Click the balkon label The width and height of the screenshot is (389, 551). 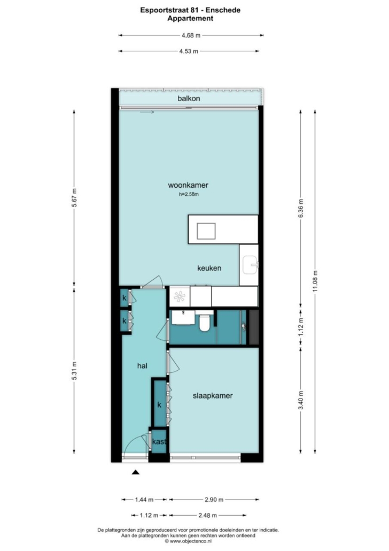(189, 98)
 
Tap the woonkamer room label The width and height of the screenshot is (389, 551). (188, 185)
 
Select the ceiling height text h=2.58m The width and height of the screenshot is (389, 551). (189, 194)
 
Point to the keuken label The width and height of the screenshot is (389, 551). (209, 268)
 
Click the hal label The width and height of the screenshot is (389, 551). (142, 366)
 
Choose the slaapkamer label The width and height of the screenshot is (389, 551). (213, 396)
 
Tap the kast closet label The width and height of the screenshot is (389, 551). (159, 442)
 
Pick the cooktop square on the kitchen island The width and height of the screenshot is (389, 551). (206, 231)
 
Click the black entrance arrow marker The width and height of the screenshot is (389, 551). (136, 472)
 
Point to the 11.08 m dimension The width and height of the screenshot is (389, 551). (315, 281)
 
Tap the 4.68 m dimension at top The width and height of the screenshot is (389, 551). (191, 35)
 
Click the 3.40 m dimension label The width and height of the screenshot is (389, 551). (300, 401)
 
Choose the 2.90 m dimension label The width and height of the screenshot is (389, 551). (214, 499)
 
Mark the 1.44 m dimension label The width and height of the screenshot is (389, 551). (144, 499)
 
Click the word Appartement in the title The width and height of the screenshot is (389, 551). (190, 19)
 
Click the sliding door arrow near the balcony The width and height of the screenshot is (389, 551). (147, 112)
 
